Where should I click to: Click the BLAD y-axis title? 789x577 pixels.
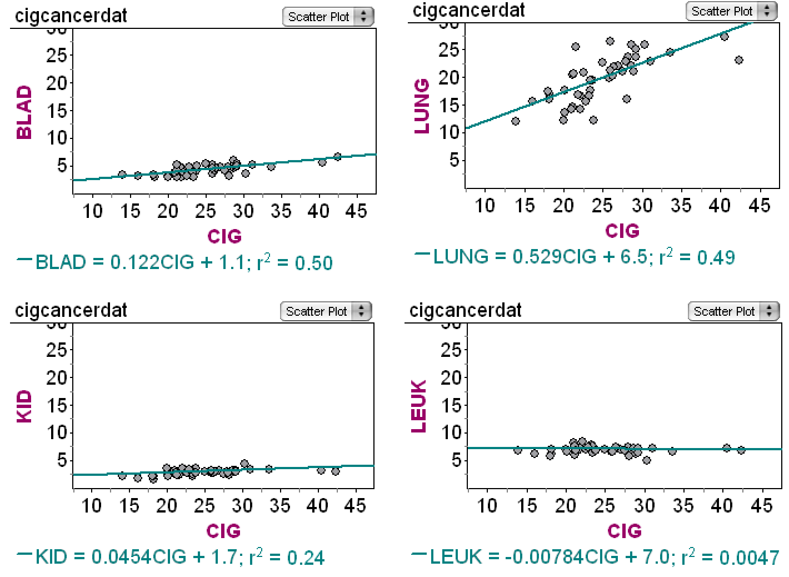tap(24, 112)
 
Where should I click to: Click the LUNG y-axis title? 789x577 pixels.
tap(422, 106)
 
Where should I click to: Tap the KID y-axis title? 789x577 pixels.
tap(24, 406)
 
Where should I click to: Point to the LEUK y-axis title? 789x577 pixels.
tap(420, 406)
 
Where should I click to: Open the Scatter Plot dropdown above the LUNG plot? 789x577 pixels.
tap(730, 11)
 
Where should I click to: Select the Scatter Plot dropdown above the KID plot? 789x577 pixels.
tap(325, 311)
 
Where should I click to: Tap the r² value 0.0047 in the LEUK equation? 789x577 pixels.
tap(750, 557)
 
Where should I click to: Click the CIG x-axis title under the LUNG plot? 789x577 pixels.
tap(622, 231)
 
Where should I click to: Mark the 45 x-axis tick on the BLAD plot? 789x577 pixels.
tap(356, 211)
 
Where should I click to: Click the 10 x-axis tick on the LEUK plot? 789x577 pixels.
tap(487, 505)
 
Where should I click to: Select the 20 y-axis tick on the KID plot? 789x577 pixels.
tap(56, 377)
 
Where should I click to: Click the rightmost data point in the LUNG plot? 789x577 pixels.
tap(738, 60)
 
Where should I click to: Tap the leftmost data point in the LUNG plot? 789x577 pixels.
tap(516, 121)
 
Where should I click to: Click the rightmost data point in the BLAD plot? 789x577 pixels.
tap(337, 157)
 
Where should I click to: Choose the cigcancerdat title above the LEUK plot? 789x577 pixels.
tap(466, 310)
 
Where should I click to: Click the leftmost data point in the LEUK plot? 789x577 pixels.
tap(518, 450)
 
